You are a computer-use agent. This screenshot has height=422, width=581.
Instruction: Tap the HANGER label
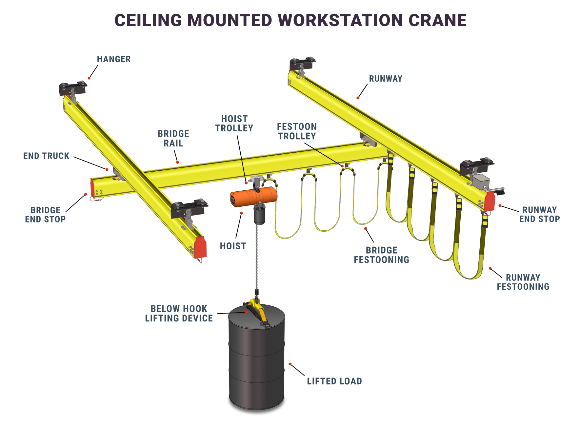(x=114, y=59)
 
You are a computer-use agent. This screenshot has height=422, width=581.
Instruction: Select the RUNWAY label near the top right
(x=386, y=79)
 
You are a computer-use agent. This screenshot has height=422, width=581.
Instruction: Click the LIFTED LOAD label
(x=334, y=381)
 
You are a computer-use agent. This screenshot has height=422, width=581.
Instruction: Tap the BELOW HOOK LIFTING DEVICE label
(x=179, y=314)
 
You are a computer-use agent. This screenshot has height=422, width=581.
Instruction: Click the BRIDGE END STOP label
(x=45, y=215)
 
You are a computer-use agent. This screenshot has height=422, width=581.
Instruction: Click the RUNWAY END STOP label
(x=539, y=214)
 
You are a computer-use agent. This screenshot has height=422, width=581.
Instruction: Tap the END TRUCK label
(x=46, y=156)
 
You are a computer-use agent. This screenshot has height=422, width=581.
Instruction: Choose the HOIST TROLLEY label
(x=234, y=124)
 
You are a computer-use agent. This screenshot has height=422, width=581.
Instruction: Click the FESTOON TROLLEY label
(x=297, y=131)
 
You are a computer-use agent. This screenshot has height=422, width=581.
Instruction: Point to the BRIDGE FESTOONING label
(x=381, y=255)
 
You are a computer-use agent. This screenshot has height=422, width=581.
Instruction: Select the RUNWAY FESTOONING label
(x=523, y=282)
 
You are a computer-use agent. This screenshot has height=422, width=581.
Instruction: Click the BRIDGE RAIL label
(x=173, y=139)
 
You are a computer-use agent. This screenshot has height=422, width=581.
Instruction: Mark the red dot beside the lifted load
(x=290, y=364)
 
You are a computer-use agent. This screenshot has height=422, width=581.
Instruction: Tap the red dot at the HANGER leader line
(x=89, y=78)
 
